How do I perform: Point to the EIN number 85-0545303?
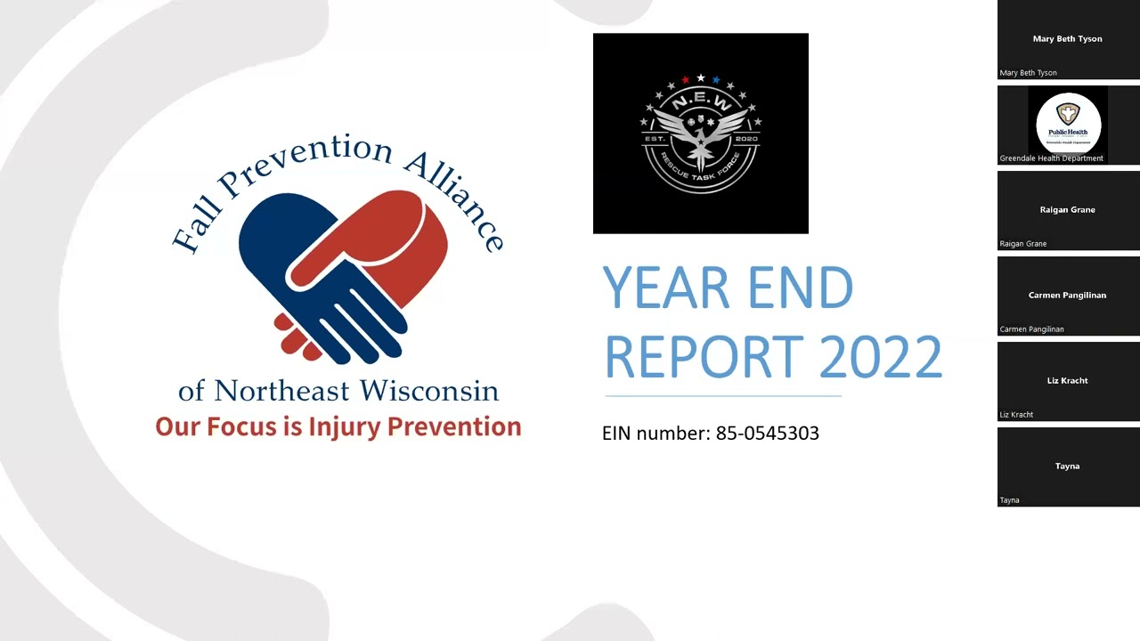tap(767, 434)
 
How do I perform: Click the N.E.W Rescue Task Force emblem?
tap(701, 134)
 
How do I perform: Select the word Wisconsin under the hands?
tap(429, 391)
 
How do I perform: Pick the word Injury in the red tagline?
tap(344, 427)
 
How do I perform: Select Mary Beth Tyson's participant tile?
tap(1068, 39)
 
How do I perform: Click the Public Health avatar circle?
tap(1068, 123)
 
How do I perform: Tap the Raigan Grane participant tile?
tap(1068, 210)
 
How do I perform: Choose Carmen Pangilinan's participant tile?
tap(1068, 296)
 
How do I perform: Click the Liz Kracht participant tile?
tap(1068, 381)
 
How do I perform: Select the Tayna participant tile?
tap(1068, 467)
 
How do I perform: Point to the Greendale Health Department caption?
tap(1052, 158)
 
